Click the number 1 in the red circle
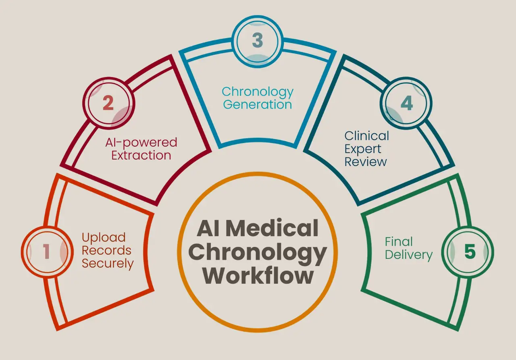click(47, 252)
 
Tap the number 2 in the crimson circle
click(108, 104)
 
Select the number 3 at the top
click(258, 40)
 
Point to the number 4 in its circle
click(407, 104)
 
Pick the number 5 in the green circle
click(470, 252)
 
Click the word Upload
click(104, 237)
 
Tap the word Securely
click(108, 264)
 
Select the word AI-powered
click(141, 142)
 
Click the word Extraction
click(141, 155)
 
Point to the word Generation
click(257, 105)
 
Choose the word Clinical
click(366, 136)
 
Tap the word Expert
click(363, 149)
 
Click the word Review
click(366, 162)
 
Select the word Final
click(399, 241)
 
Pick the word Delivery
click(408, 255)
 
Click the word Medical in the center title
click(272, 229)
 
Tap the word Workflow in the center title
click(258, 276)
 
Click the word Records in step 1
click(106, 250)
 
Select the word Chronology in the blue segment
click(257, 92)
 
